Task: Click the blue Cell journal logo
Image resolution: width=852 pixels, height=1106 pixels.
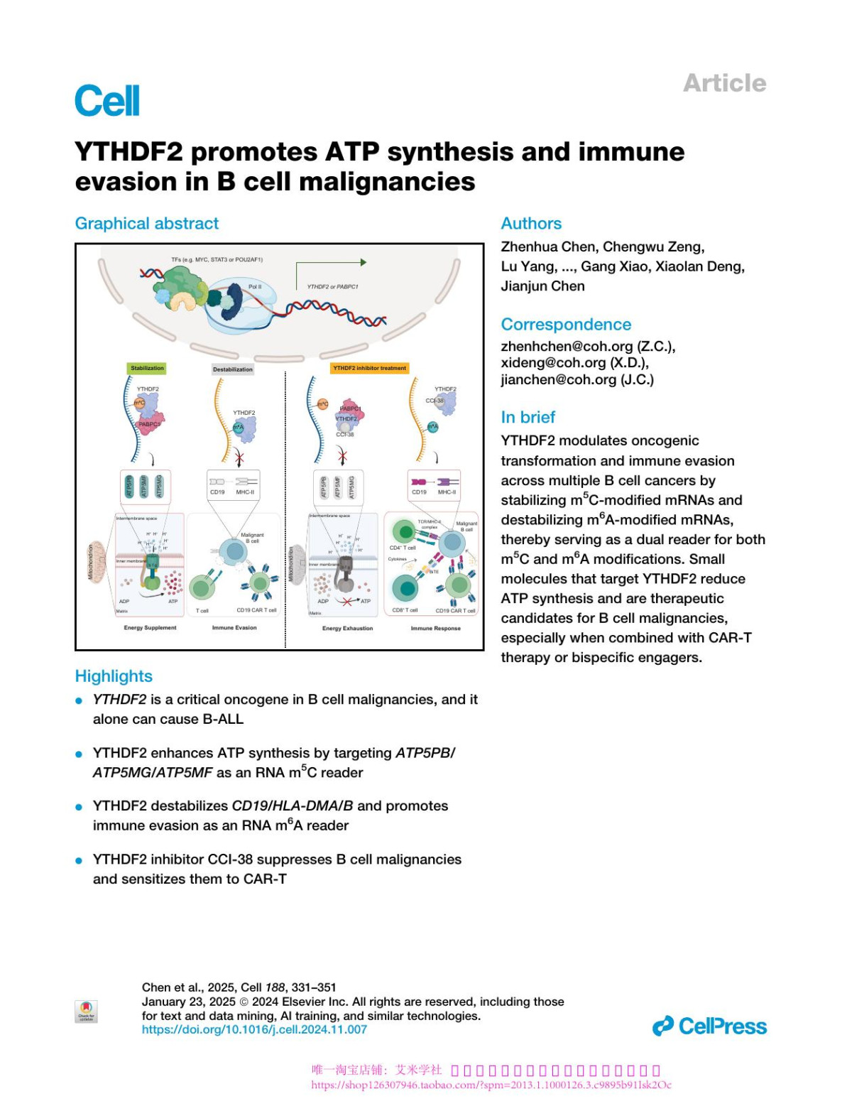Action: (107, 101)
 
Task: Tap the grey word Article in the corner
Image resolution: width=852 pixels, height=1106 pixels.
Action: (724, 83)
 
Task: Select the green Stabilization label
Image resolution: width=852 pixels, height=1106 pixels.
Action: (147, 368)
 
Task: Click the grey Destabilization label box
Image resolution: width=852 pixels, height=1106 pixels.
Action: (233, 369)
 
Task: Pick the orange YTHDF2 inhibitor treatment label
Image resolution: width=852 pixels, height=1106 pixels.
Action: (369, 368)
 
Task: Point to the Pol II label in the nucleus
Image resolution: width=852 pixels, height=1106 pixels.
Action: (254, 287)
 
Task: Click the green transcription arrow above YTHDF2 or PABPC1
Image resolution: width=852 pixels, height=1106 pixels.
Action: (331, 264)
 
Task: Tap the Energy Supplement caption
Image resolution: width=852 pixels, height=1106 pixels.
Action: (150, 628)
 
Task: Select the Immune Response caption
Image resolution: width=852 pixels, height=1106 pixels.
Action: (435, 628)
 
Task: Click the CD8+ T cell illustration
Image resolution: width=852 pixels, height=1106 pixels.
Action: (405, 588)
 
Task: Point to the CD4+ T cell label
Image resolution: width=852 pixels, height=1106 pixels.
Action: (403, 548)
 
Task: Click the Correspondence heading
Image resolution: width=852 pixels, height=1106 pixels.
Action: (566, 325)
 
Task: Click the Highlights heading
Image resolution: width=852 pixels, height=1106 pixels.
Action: (114, 676)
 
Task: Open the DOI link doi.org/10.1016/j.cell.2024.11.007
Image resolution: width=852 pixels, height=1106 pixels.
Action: (254, 1029)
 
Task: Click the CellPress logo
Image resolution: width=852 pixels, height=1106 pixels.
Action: (709, 1026)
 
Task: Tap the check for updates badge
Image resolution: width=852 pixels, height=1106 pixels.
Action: (86, 1011)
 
